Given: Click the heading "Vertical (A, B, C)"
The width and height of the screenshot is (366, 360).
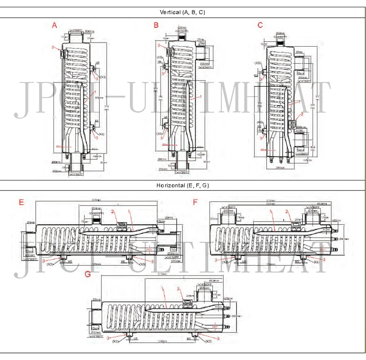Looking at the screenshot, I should [x=183, y=12].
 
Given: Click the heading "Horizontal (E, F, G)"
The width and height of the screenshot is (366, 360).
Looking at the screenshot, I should [x=183, y=185].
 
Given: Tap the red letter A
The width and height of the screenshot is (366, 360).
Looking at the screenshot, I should [x=54, y=25].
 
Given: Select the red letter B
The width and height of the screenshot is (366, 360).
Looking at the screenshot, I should [x=156, y=25].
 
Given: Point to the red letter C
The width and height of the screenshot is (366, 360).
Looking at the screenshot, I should [x=260, y=25].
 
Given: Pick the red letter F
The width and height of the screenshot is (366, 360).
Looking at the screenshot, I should [x=196, y=202].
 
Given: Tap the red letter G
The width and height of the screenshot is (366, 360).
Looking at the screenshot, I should [x=88, y=274].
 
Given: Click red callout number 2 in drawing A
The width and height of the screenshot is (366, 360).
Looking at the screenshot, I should [x=53, y=47].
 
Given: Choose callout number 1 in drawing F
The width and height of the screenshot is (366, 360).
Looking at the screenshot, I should [x=270, y=212].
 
